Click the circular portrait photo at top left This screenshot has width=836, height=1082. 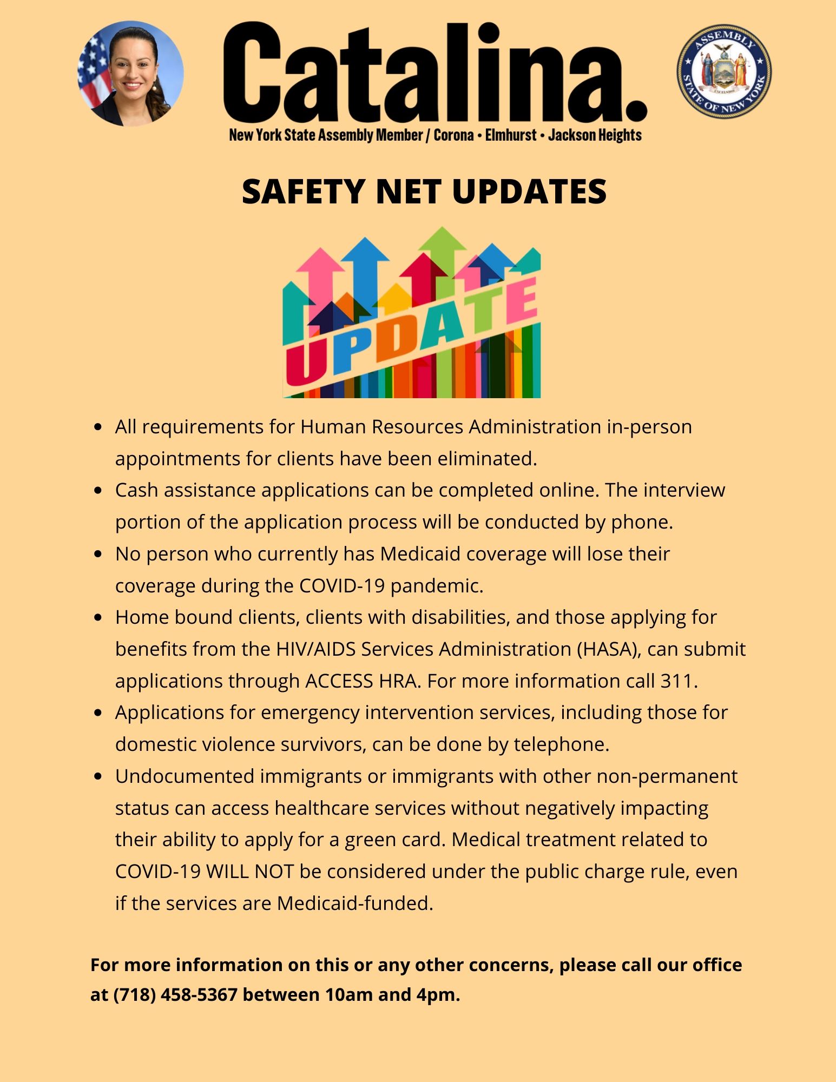(x=130, y=73)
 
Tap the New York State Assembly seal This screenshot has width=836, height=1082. (x=723, y=71)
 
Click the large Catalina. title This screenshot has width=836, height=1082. (x=435, y=73)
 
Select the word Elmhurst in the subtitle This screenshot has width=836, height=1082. (x=511, y=135)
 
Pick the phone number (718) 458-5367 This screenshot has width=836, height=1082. (x=175, y=994)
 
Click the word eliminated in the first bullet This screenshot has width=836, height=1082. (x=486, y=459)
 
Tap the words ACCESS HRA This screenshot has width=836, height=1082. (x=362, y=681)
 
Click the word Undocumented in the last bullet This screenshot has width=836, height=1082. (x=185, y=776)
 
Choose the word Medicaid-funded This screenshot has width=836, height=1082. (x=354, y=903)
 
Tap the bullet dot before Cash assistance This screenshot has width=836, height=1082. (x=98, y=491)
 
